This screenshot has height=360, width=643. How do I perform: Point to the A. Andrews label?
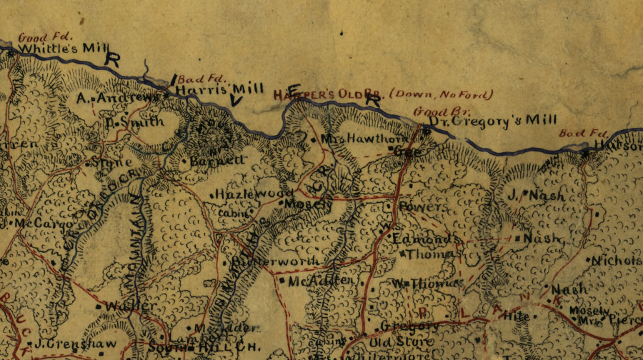[118, 96]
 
